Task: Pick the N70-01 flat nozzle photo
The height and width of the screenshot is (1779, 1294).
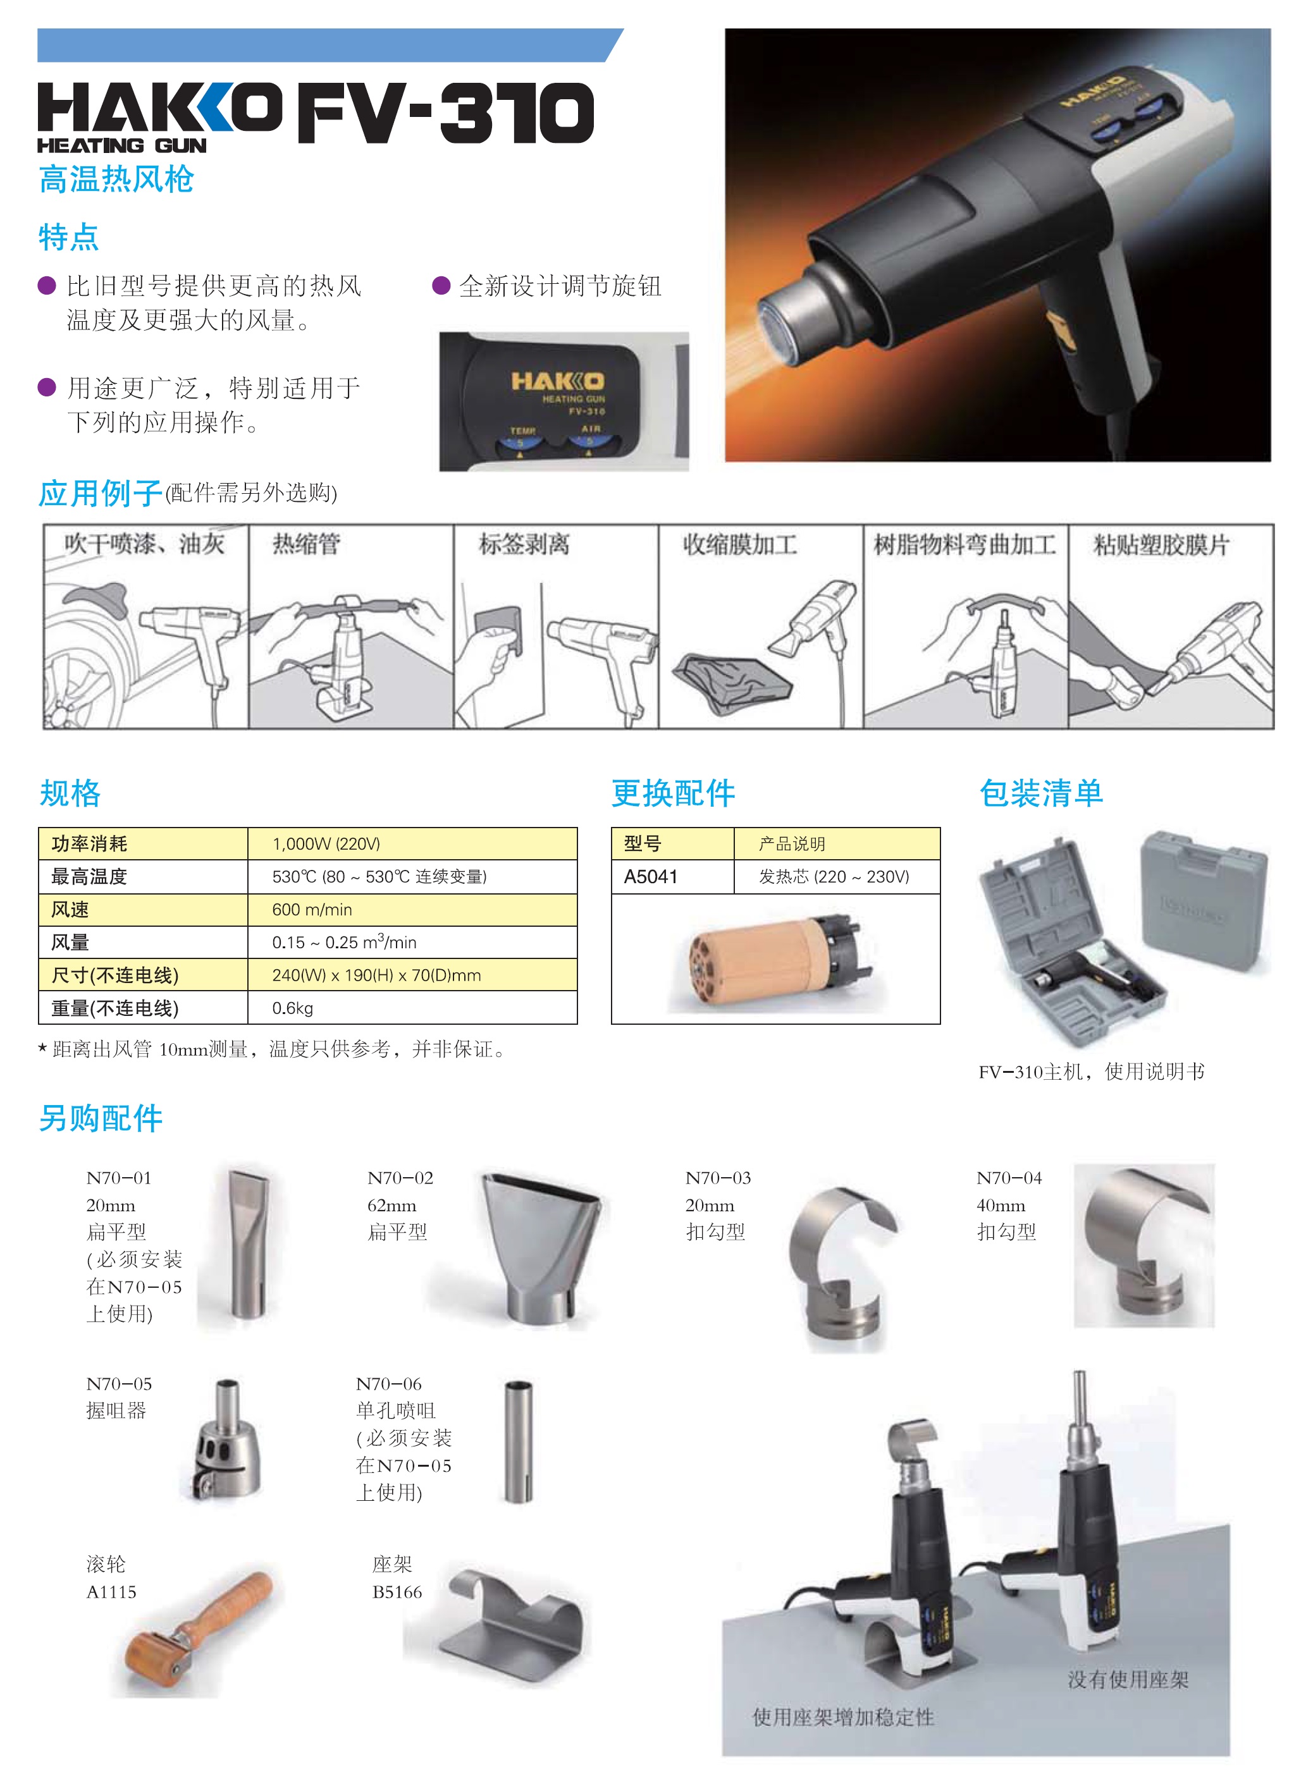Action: (x=248, y=1244)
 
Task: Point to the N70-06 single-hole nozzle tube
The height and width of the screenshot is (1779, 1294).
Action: (x=518, y=1441)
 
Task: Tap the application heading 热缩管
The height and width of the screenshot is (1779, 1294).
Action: (x=306, y=544)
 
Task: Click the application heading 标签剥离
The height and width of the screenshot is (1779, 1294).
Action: (x=524, y=544)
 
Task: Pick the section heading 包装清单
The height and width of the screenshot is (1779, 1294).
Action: (x=1041, y=793)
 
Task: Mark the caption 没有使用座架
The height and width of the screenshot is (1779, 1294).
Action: (x=1128, y=1679)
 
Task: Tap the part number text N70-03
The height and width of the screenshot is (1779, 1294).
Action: (x=718, y=1178)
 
